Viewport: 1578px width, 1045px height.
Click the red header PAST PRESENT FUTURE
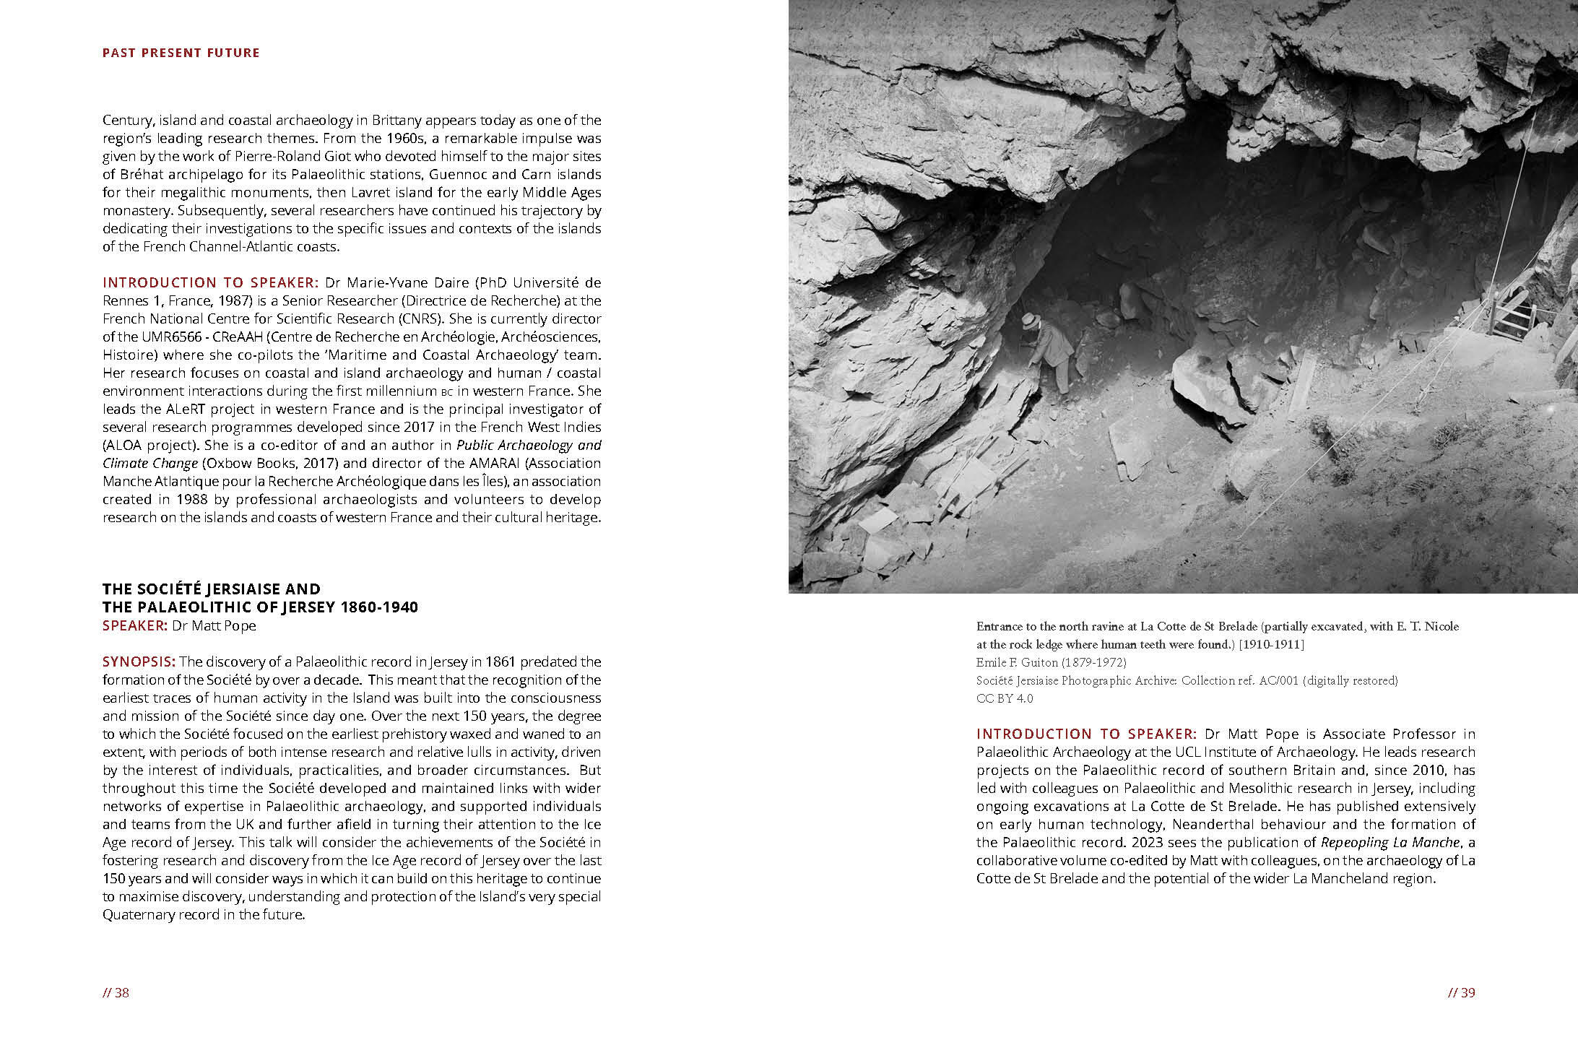[181, 53]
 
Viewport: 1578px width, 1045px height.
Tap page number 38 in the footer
[116, 992]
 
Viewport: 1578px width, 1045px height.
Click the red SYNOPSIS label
[139, 662]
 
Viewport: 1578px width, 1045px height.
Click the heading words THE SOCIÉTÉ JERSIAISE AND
[211, 589]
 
